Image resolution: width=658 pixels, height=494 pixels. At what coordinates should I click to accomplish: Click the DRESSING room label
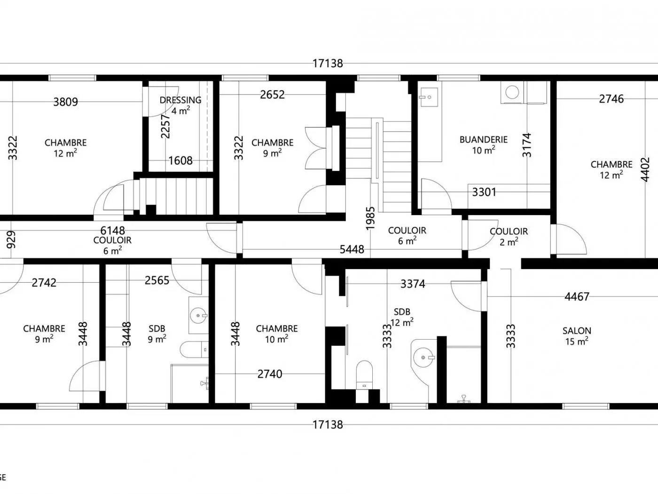tap(180, 100)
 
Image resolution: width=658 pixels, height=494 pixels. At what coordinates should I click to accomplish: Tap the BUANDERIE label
tap(484, 139)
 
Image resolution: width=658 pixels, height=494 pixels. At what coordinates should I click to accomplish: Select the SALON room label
tap(577, 331)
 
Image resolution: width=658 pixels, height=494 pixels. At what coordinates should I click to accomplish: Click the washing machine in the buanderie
tap(512, 92)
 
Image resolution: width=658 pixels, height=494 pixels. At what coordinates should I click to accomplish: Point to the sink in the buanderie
tap(429, 97)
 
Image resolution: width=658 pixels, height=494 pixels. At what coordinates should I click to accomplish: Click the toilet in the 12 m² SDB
tap(364, 375)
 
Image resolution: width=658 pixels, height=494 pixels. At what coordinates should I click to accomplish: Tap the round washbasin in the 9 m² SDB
tap(198, 315)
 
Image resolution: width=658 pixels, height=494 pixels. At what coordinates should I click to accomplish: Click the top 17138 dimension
tap(328, 64)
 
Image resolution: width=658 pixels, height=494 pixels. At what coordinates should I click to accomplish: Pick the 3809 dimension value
tap(66, 102)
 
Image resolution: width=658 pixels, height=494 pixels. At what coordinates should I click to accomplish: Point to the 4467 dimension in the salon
tap(577, 297)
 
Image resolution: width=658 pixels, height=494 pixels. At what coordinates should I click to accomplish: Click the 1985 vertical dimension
tap(370, 218)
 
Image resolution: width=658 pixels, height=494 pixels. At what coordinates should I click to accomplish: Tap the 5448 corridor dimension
tap(352, 249)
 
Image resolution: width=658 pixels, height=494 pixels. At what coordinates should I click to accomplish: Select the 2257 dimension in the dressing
tap(165, 126)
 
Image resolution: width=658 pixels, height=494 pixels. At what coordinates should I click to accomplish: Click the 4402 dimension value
tap(645, 169)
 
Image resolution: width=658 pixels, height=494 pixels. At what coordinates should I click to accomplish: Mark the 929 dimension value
tap(11, 239)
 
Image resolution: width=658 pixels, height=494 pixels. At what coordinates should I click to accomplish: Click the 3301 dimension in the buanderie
tap(485, 192)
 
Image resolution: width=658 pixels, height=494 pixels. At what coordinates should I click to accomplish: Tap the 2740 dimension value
tap(270, 374)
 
